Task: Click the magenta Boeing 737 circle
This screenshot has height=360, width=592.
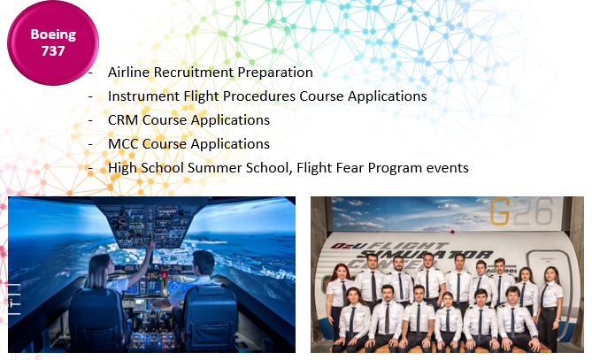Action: click(53, 42)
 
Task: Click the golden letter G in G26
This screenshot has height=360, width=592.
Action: click(500, 211)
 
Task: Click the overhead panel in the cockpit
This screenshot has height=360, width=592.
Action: click(152, 223)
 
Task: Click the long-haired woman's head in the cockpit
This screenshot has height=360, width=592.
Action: click(99, 268)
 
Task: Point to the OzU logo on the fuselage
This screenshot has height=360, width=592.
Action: click(343, 246)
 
